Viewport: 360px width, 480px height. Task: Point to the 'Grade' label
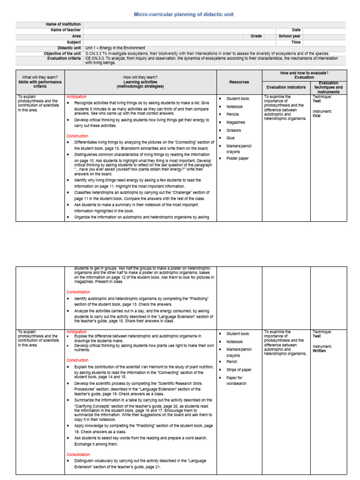(256, 36)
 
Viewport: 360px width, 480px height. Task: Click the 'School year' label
(290, 36)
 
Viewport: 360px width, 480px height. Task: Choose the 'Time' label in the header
(296, 42)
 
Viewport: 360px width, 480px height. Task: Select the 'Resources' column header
(239, 82)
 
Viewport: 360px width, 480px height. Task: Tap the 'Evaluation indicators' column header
(286, 87)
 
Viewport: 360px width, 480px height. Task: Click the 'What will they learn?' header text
(40, 77)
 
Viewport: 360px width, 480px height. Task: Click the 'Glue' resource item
(231, 138)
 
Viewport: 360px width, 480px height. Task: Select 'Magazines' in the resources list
(236, 122)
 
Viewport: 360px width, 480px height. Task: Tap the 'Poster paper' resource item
(238, 158)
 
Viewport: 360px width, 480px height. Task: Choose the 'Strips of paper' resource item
(239, 370)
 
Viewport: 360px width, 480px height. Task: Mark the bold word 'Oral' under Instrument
(316, 116)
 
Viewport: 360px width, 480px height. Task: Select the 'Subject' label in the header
(74, 42)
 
